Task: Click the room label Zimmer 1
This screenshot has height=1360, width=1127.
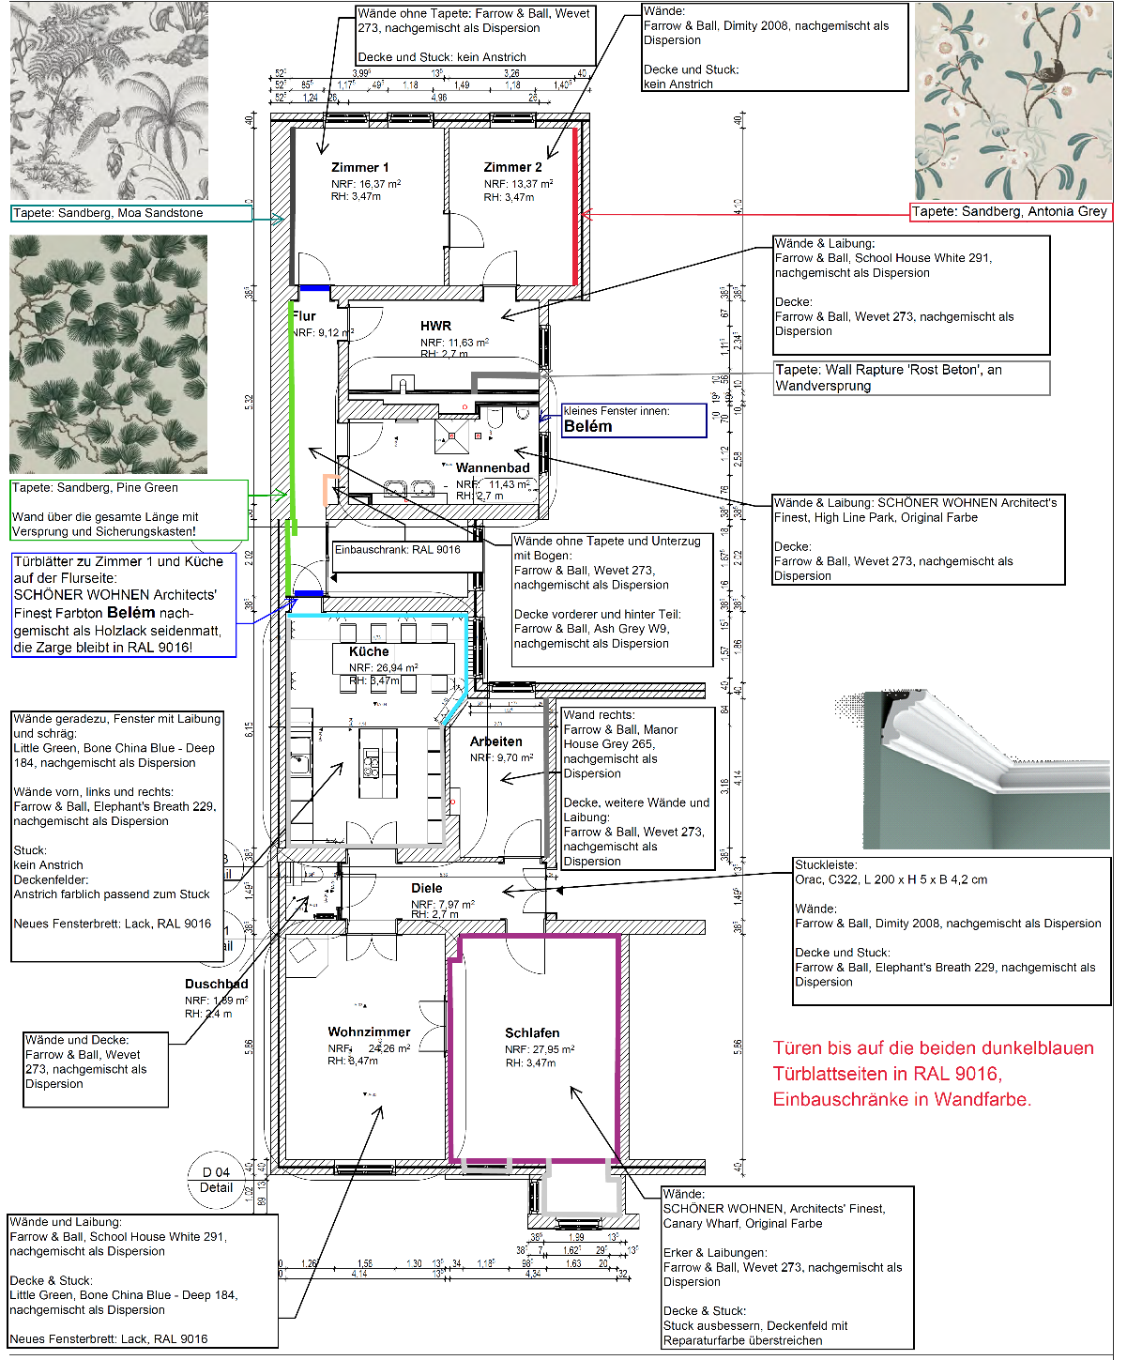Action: coord(359,168)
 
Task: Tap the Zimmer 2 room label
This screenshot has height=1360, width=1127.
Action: coord(512,168)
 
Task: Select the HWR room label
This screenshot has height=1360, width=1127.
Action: coord(435,326)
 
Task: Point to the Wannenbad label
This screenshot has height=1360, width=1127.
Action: coord(493,467)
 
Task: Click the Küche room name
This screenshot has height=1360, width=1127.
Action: coord(369,651)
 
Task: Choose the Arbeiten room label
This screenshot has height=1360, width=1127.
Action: coord(495,741)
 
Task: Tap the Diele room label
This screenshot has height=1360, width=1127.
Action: coord(427,888)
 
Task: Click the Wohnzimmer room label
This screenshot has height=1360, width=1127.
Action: coord(369,1031)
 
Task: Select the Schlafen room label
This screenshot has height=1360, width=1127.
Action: coord(532,1032)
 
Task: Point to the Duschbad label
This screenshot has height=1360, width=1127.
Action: coord(217,984)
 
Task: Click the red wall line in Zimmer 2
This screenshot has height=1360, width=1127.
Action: coord(575,206)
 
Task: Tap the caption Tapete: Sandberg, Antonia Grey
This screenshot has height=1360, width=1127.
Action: coord(1010,212)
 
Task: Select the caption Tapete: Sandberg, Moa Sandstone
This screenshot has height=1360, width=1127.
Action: coord(108,213)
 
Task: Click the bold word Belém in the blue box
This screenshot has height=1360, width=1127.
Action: coord(587,426)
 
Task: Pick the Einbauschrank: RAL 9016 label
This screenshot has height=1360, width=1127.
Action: coord(398,550)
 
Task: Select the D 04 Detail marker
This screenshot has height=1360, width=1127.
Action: coord(216,1179)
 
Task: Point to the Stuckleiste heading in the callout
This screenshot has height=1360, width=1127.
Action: coord(826,865)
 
